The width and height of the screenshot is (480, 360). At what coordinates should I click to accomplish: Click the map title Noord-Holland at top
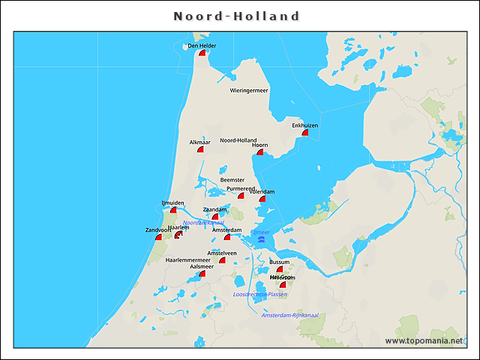point(237,16)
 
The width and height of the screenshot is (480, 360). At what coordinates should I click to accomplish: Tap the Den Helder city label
point(202,46)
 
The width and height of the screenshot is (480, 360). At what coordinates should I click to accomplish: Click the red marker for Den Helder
point(202,54)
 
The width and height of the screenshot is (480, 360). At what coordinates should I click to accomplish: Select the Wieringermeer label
point(249,90)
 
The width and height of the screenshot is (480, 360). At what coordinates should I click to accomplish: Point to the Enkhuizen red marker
point(304,133)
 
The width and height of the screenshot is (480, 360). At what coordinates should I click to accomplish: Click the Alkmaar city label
point(200,142)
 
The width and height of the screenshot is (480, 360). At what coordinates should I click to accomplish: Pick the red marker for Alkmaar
point(200,150)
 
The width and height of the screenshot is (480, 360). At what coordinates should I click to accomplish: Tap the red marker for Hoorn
point(260,152)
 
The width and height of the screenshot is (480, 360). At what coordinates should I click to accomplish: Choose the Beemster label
point(232,180)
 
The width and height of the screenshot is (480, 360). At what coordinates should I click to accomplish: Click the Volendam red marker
point(262,199)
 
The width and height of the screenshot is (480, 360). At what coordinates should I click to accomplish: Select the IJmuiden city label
point(173,202)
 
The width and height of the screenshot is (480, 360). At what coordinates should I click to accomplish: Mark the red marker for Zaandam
point(214,217)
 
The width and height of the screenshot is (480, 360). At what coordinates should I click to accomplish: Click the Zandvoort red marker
point(158,238)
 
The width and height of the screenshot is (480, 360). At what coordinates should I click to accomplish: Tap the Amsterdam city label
point(227,229)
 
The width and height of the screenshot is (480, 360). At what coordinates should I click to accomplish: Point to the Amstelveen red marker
point(222,261)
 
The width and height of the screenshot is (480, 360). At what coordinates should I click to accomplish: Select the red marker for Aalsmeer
point(202,274)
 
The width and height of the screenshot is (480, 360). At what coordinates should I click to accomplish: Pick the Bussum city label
point(279,262)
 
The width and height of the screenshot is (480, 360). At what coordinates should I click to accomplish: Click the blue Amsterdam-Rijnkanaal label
point(289,315)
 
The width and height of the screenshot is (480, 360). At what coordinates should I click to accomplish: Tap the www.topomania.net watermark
point(424,340)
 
